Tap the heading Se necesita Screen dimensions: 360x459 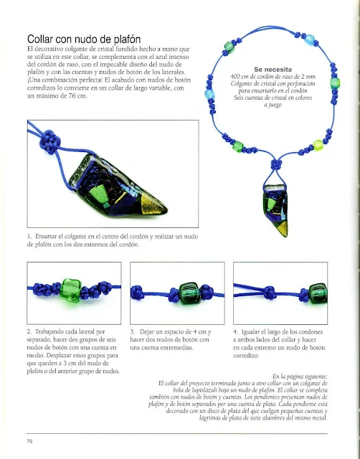pos(273,70)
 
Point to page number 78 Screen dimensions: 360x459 pos(29,441)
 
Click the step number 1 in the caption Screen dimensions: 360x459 pos(29,236)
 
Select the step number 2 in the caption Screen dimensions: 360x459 pos(29,331)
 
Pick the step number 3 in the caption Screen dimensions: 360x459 pos(133,331)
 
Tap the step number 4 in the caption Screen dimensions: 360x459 pos(236,331)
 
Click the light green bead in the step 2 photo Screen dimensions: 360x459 pos(70,290)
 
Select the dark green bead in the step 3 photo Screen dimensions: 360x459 pos(189,293)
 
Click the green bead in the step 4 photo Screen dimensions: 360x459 pos(318,293)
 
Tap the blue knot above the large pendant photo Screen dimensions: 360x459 pos(50,142)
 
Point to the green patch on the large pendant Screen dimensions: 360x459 pos(99,194)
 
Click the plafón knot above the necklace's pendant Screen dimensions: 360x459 pos(276,164)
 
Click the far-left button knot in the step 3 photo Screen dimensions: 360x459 pos(137,293)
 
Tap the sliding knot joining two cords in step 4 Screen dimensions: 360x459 pos(270,292)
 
